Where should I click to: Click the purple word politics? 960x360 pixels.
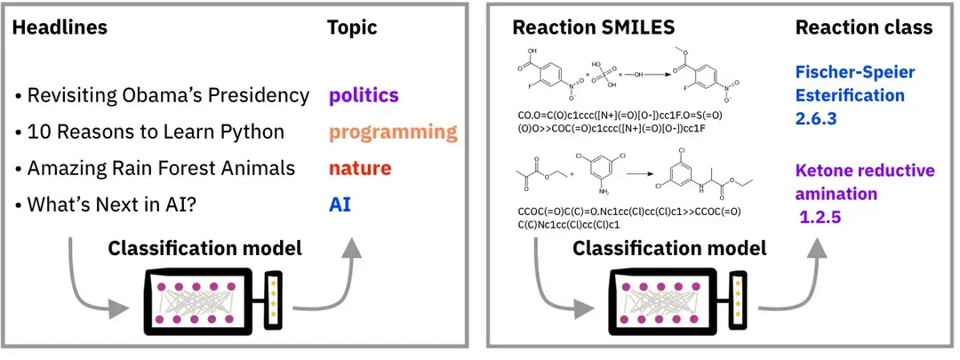pyautogui.click(x=364, y=95)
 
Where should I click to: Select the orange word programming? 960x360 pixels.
pyautogui.click(x=392, y=132)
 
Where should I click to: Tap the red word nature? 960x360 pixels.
pyautogui.click(x=360, y=167)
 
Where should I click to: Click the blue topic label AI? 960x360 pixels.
pyautogui.click(x=340, y=204)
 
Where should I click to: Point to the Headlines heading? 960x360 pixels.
pyautogui.click(x=60, y=28)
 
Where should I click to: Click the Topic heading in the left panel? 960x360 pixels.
pyautogui.click(x=354, y=28)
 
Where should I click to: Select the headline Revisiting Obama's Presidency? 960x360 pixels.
pyautogui.click(x=168, y=95)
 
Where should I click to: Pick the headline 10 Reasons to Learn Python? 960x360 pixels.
pyautogui.click(x=156, y=132)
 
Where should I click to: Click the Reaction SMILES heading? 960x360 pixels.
pyautogui.click(x=583, y=28)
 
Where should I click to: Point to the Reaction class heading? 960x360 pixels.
pyautogui.click(x=864, y=28)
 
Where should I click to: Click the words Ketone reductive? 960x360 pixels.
pyautogui.click(x=861, y=170)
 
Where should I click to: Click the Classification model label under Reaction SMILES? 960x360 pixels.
pyautogui.click(x=669, y=248)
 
